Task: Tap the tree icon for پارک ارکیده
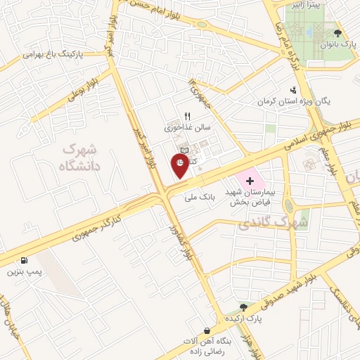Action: coord(243,307)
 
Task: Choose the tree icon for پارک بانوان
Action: coord(338,32)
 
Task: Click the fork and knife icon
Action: coord(186,117)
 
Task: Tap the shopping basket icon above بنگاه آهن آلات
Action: coord(207,330)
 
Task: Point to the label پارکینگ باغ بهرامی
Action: coord(51,54)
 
